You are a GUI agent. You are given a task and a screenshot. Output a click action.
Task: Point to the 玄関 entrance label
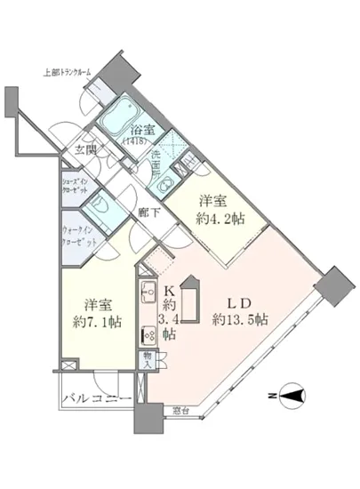84,151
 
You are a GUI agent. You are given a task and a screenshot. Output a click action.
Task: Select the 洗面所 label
156,164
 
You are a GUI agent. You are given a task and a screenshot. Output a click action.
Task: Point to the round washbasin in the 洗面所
164,187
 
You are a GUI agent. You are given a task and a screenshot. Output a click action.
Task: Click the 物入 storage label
147,359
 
